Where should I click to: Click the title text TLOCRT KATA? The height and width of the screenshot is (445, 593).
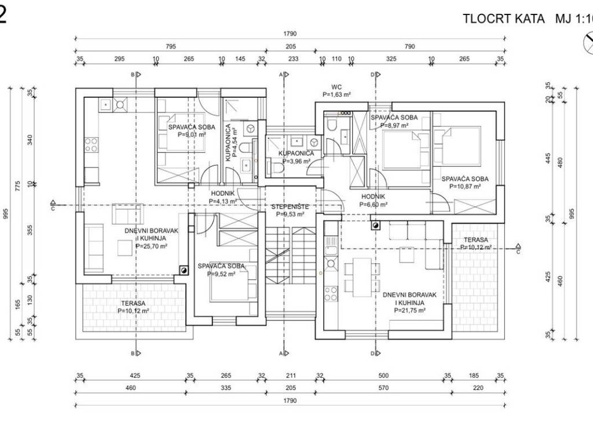pos(504,18)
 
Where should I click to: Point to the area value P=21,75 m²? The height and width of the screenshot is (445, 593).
pos(410,311)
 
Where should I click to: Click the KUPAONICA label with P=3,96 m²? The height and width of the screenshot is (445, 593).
pos(296,153)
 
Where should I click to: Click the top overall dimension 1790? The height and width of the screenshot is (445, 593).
pos(290,33)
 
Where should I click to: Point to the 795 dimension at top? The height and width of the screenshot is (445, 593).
pos(170,47)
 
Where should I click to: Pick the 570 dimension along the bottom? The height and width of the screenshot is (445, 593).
pos(383,388)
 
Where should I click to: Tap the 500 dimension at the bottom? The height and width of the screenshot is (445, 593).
pos(383,375)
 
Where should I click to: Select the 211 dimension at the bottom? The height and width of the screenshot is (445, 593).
pos(291,375)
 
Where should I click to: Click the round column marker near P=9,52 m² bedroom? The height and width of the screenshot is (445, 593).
pos(184,269)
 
